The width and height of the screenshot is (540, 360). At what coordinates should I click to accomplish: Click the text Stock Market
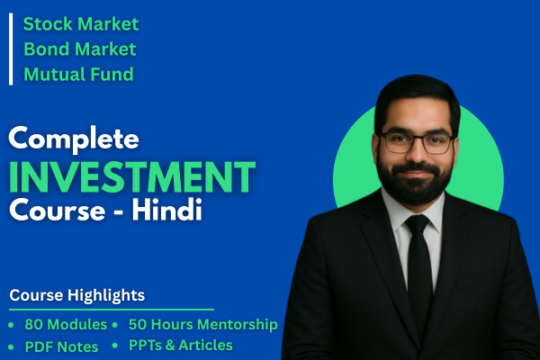[81, 23]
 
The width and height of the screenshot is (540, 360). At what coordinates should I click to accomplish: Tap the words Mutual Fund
[78, 74]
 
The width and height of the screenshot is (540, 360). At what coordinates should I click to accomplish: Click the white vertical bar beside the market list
[11, 49]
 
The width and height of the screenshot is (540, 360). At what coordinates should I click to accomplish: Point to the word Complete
[75, 139]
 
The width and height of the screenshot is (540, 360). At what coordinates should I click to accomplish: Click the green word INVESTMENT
[132, 175]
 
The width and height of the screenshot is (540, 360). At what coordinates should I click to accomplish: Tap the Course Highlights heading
[77, 295]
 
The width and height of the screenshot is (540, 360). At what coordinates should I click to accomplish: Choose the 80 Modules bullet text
[66, 325]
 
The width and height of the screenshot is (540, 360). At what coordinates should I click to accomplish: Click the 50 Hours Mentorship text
[202, 324]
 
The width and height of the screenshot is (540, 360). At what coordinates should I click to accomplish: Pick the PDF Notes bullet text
[60, 346]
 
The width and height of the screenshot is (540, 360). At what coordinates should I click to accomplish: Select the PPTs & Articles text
[180, 345]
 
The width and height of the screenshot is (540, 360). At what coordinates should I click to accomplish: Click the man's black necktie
[419, 270]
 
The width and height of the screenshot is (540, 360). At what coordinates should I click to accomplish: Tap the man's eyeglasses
[415, 142]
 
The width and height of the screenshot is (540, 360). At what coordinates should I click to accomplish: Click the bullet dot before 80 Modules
[12, 325]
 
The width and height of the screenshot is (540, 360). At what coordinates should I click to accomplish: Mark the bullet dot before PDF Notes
[12, 346]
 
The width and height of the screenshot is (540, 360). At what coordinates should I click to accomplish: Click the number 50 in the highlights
[139, 324]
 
